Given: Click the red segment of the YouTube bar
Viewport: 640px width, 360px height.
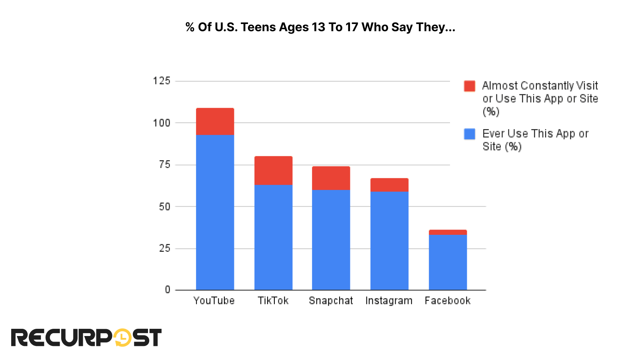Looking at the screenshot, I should tap(215, 121).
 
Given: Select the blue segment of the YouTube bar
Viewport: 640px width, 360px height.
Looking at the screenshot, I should tap(215, 212).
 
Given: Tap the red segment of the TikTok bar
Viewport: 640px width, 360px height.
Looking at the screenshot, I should tap(273, 170).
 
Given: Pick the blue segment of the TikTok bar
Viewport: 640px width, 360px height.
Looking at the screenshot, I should tap(273, 237).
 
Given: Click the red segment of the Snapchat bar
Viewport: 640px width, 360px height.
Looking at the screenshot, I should tap(331, 178).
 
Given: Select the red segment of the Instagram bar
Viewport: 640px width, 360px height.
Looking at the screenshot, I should tap(389, 185).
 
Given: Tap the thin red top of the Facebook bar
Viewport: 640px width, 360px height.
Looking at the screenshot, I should tap(448, 232).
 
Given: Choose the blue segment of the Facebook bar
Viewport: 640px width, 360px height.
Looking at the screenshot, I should tap(448, 262).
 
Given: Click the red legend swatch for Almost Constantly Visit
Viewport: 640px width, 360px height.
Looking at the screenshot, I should tap(469, 86).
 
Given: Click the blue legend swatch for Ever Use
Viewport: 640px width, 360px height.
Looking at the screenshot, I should tap(469, 134).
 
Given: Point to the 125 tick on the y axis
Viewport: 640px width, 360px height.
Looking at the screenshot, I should tap(162, 81).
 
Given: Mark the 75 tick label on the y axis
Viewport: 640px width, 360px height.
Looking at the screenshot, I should tap(164, 164).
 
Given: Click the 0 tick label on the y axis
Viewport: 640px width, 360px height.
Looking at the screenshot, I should tap(168, 290).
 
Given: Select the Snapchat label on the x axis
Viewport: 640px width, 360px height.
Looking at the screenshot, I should tap(331, 301).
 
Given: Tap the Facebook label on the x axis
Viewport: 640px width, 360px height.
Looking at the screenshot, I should tap(448, 301).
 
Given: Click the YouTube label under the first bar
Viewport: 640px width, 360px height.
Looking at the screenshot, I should tap(214, 301).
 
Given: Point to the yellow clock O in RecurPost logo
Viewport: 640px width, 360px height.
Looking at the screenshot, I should tap(122, 337).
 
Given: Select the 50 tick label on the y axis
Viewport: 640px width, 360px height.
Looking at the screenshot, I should tap(164, 206).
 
